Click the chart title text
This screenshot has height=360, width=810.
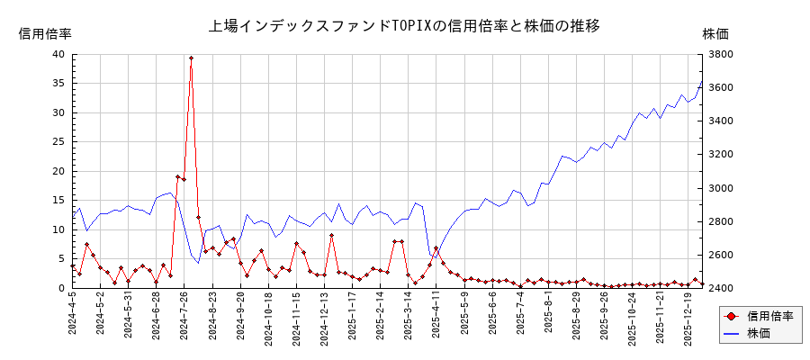click(404, 25)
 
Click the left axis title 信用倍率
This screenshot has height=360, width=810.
click(45, 33)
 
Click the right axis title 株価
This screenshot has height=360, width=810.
click(715, 33)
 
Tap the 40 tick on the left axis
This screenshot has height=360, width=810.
click(58, 54)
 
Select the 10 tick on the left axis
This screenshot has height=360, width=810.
click(58, 229)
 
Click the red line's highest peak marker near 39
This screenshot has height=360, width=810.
click(191, 58)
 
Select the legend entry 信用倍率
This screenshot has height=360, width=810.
click(769, 316)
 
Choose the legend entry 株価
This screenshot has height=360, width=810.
click(759, 333)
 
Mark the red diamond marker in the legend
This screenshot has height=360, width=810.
click(731, 316)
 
